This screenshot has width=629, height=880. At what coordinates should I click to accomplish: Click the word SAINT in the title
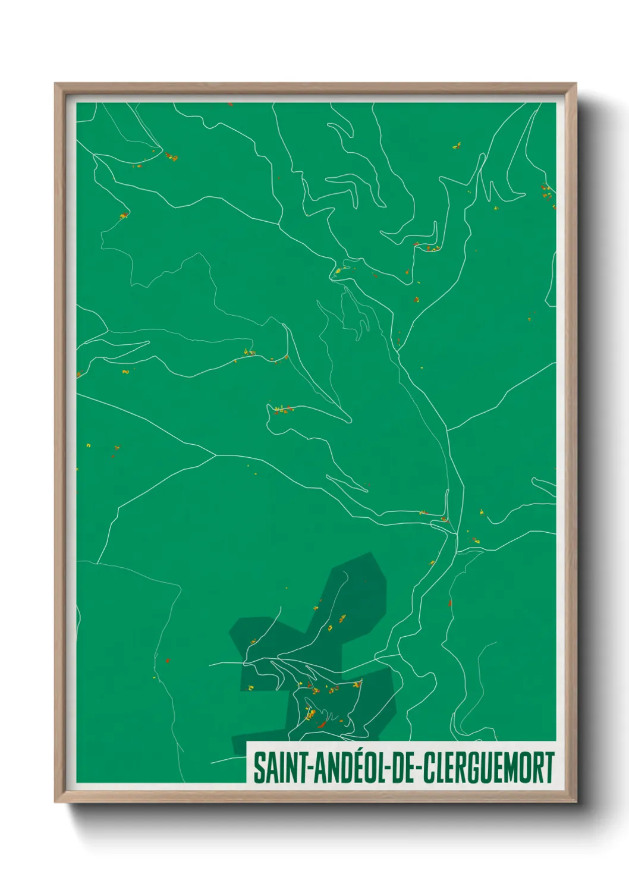click(x=279, y=768)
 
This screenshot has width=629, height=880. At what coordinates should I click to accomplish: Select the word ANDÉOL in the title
click(x=345, y=768)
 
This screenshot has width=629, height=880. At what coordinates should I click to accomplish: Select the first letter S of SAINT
click(x=260, y=768)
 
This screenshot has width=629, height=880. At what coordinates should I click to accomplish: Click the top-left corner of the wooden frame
click(x=55, y=84)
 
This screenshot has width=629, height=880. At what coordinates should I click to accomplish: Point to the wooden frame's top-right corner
click(x=575, y=84)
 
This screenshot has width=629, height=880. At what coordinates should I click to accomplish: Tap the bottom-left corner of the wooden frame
click(x=55, y=802)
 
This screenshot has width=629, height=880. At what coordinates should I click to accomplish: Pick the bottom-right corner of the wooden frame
click(x=575, y=802)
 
